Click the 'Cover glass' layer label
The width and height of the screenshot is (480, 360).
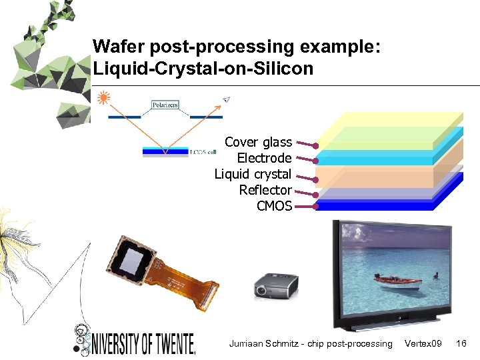pos(258,142)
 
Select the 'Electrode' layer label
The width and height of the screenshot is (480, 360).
pos(264,158)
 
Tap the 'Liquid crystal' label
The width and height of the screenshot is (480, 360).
pos(253,174)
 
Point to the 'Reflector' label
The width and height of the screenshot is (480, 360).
pos(265,190)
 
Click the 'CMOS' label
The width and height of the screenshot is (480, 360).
pos(274,206)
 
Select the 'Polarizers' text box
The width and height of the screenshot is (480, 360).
pos(165,105)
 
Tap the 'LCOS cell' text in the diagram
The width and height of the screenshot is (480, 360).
pos(203,152)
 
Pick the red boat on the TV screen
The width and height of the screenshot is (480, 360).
pos(397,282)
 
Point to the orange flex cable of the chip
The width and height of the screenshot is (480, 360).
pos(187,287)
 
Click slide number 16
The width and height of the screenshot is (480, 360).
pos(461,343)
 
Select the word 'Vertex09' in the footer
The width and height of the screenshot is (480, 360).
pos(423,343)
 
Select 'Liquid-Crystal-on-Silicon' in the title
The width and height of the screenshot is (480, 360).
pos(203,68)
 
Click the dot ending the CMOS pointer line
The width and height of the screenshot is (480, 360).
pos(315,207)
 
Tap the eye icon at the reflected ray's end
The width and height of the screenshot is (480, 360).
pos(226,99)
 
